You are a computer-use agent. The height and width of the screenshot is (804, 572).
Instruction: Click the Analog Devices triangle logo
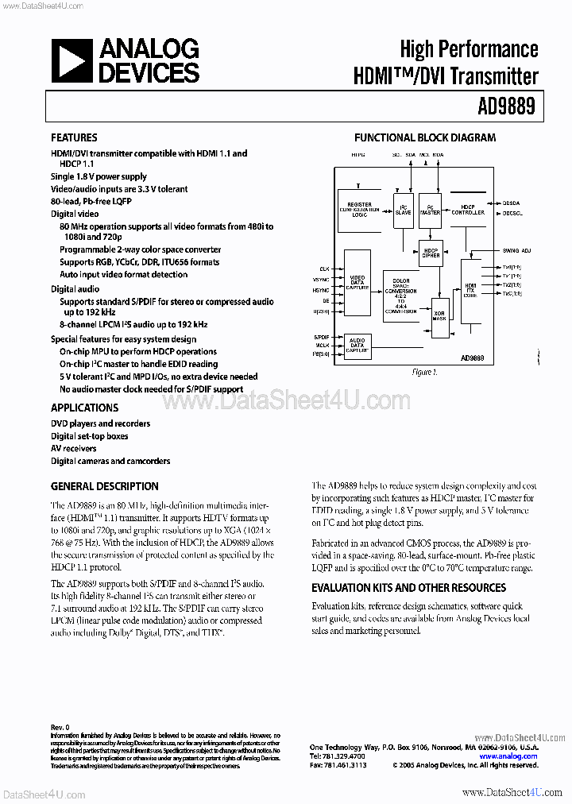click(72, 62)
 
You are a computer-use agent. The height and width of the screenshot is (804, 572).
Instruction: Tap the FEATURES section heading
click(74, 137)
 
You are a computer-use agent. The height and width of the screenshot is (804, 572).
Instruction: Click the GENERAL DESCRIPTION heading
click(104, 486)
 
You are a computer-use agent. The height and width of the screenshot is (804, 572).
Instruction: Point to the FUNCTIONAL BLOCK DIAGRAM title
click(424, 137)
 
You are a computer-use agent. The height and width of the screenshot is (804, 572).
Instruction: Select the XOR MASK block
click(439, 314)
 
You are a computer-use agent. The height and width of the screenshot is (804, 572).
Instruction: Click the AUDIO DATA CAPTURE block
click(357, 344)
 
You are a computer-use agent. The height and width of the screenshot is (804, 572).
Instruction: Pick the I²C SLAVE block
click(403, 208)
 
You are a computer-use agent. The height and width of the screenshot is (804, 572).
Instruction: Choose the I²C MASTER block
click(430, 208)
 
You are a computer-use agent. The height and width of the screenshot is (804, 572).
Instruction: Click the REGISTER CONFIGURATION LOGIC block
click(360, 207)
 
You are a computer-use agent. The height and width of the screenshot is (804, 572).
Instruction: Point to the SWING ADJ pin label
click(517, 250)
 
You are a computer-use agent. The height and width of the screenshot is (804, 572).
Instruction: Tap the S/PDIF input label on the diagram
click(320, 336)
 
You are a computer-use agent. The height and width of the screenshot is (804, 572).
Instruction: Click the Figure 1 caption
click(424, 372)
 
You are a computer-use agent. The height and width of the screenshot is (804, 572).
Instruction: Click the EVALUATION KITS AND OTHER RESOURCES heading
click(408, 588)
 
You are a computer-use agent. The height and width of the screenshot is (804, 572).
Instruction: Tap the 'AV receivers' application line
click(74, 449)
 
